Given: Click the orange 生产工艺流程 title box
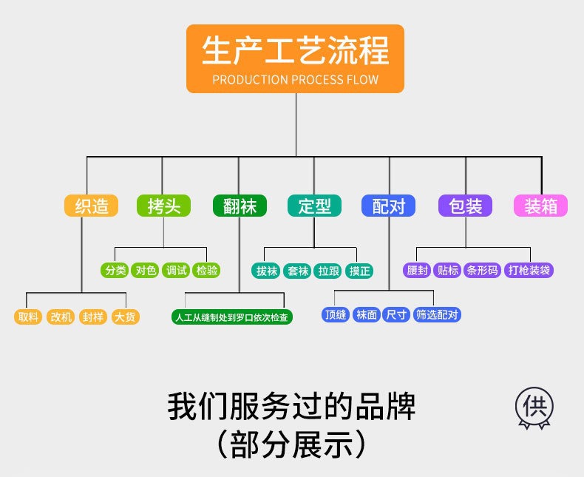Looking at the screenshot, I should tap(295, 58).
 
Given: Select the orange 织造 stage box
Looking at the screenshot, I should tap(91, 206).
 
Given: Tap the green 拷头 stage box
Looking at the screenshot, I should tap(163, 206).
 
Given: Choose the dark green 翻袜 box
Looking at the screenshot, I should tap(240, 206).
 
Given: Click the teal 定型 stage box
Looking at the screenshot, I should tap(314, 206).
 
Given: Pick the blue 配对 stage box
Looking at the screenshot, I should tap(389, 206).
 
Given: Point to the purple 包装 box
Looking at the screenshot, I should tap(466, 206).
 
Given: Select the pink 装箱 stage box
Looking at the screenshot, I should tap(540, 206).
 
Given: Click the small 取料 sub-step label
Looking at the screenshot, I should tap(29, 317).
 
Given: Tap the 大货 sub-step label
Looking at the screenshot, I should tap(125, 317).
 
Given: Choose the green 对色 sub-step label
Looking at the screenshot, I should tap(146, 270).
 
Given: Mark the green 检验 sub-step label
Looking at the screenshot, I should tap(207, 270).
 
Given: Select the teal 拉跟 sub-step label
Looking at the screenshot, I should tap(328, 270).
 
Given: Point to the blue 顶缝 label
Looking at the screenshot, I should tap(336, 314).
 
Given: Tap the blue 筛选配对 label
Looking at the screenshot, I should tap(438, 314).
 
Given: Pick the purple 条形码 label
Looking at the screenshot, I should tap(482, 270).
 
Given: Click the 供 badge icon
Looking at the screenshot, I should tap(534, 407).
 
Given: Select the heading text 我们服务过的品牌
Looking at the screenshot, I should tap(291, 407).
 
